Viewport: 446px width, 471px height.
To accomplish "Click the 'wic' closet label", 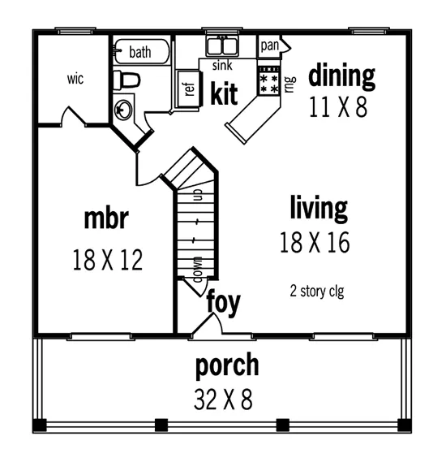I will click(75, 80).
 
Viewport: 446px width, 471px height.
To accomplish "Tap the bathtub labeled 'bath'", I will click(140, 53).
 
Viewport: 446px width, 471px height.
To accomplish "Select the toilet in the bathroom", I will click(126, 80).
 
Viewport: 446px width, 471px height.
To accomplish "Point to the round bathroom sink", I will click(124, 109).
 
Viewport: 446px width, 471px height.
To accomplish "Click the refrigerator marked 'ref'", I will click(188, 89).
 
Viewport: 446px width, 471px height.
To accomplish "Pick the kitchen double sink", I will click(220, 45).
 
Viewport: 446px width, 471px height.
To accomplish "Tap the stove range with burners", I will click(268, 80).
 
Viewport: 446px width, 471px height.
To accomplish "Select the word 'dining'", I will click(341, 76).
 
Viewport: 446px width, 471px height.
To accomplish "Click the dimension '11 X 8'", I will click(338, 107).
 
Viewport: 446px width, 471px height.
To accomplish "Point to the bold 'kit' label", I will click(224, 94).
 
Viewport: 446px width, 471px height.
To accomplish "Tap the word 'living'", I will click(319, 208).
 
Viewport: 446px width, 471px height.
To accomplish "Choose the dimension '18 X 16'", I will click(315, 243).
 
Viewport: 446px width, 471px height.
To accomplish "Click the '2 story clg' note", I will click(316, 290).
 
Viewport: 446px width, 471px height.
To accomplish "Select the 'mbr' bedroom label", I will click(106, 219).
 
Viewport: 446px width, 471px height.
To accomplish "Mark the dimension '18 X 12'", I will click(107, 260).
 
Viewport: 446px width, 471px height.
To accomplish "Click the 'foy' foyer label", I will click(223, 301).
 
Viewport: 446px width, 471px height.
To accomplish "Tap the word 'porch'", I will click(227, 365).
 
